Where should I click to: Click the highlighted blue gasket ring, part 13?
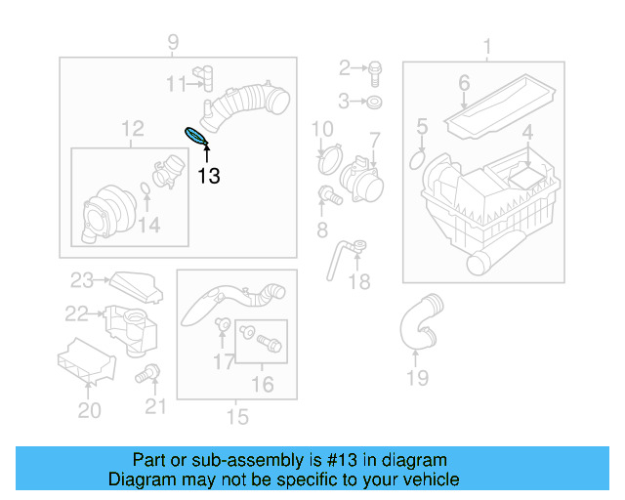click(196, 136)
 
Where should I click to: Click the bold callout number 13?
click(208, 176)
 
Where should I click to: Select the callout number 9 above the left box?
click(173, 41)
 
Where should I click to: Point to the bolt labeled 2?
click(376, 68)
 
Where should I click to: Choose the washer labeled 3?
click(376, 102)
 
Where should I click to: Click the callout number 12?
click(132, 128)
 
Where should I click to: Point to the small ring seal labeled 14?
click(145, 187)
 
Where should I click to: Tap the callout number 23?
click(80, 281)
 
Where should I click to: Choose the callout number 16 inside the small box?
click(262, 384)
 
